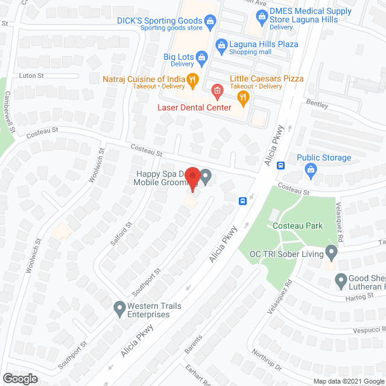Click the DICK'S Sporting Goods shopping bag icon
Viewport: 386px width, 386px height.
[x=210, y=24]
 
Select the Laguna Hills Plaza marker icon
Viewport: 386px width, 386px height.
[x=221, y=44]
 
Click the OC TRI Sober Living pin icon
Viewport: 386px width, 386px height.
[x=331, y=251]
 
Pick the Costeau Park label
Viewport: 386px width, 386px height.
[x=297, y=226]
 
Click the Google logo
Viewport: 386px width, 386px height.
[x=20, y=378]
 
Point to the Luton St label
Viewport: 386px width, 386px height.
[x=33, y=75]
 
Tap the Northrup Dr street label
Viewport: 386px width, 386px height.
[x=267, y=360]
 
